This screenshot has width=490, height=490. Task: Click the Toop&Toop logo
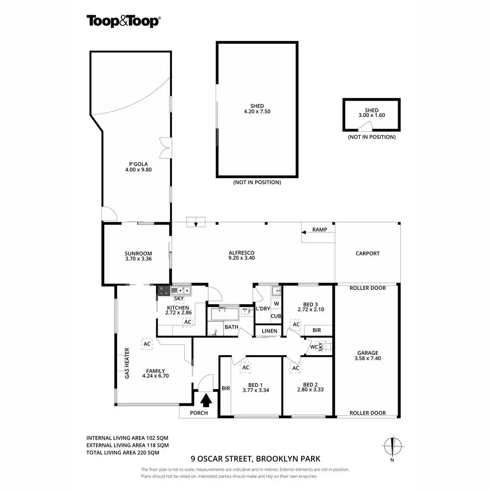[123, 21]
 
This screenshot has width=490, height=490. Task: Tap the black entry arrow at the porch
[207, 400]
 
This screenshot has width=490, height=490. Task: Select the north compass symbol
[392, 445]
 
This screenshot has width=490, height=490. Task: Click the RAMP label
[319, 229]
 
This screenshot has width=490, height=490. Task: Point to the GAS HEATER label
[127, 363]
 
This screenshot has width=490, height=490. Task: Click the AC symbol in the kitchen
[187, 322]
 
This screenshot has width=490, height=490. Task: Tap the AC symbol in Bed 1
[245, 367]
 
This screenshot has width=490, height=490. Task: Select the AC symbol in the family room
[147, 344]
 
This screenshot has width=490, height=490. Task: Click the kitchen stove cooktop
[164, 290]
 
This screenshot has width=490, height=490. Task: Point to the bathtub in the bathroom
[225, 314]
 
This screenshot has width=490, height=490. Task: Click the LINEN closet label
[269, 331]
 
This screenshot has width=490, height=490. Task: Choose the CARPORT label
[367, 253]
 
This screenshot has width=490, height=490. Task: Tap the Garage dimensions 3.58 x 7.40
[368, 359]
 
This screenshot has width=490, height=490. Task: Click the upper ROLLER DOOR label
[367, 288]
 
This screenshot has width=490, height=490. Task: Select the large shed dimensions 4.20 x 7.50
[257, 111]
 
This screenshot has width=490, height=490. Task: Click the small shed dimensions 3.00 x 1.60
[372, 115]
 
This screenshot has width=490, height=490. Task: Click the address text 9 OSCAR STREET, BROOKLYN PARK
[256, 459]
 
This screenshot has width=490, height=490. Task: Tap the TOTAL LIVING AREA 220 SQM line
[123, 452]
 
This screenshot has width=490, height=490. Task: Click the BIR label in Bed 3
[316, 330]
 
